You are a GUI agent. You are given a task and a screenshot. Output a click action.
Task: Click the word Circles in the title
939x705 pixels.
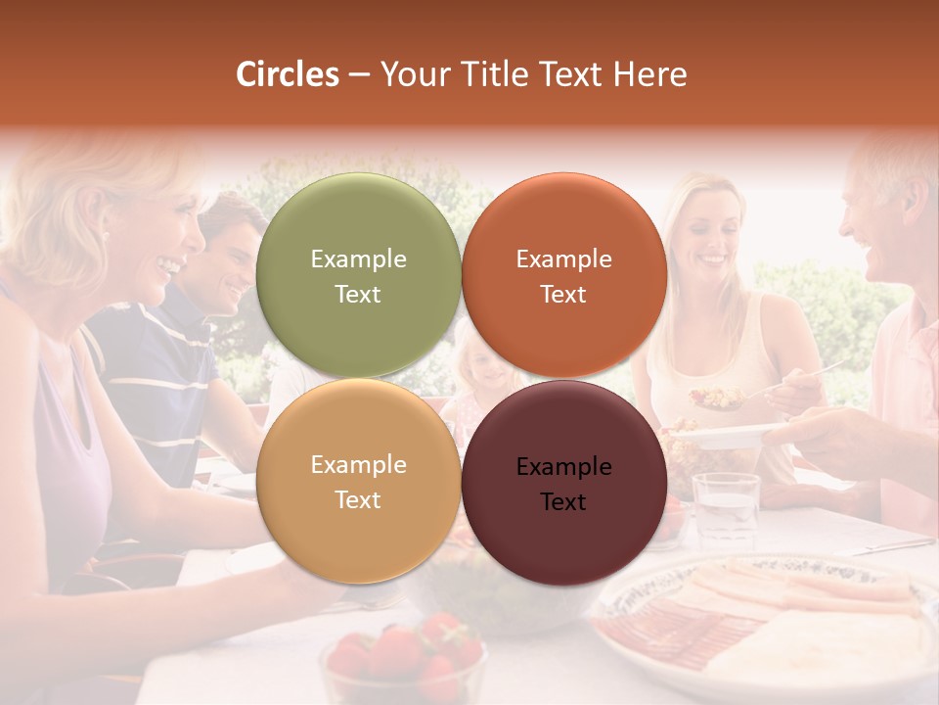point(288,74)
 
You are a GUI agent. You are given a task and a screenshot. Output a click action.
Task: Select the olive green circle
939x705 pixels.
point(358,275)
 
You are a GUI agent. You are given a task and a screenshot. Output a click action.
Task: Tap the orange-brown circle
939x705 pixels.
point(563,275)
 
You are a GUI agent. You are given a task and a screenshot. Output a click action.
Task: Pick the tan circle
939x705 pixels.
point(358,481)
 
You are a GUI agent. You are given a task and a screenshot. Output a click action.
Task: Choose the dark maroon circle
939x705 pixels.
point(563,483)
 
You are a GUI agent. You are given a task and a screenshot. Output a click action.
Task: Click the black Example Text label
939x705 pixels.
point(563,484)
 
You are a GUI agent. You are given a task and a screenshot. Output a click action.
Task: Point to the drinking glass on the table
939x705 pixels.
point(725,506)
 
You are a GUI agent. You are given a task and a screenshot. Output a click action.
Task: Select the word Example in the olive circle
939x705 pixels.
point(358,258)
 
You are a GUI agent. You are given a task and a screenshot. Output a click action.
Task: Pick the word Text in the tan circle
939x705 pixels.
point(358,499)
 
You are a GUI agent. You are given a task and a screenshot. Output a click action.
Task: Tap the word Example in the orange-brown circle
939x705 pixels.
point(563,258)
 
